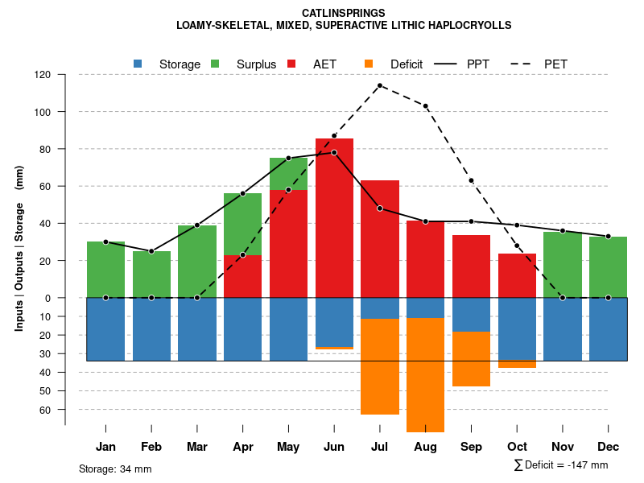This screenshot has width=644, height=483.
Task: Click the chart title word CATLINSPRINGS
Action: (x=343, y=13)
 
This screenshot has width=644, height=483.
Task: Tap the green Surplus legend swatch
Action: (x=215, y=64)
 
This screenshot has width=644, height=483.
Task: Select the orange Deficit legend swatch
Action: (x=369, y=64)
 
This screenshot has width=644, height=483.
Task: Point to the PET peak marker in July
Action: (x=380, y=85)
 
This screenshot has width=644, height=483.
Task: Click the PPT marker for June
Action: (x=334, y=153)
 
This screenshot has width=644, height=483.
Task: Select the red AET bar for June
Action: (x=334, y=217)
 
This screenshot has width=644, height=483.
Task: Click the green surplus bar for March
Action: (x=197, y=262)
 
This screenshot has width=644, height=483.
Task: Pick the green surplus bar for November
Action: (x=563, y=265)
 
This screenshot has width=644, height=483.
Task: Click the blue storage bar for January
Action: (x=105, y=329)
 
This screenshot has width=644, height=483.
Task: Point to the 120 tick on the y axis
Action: (x=43, y=75)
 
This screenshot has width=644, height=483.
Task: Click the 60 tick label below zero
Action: (x=46, y=410)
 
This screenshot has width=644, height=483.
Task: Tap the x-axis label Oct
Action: (x=517, y=447)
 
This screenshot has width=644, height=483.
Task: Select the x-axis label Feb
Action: (x=151, y=447)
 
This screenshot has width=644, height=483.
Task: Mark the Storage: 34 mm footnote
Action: (x=115, y=469)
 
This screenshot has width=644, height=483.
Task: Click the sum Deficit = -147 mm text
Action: (x=561, y=465)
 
